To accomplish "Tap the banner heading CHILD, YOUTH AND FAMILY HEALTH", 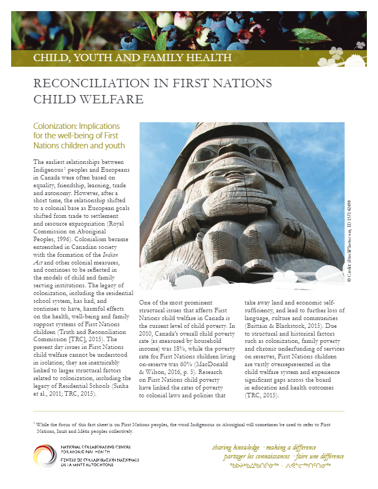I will tap(132, 58).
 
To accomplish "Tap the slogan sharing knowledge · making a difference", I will tap(265, 447).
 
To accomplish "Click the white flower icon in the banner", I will tap(336, 53).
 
